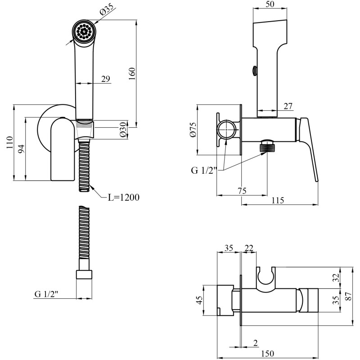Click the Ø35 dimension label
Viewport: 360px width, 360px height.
106,9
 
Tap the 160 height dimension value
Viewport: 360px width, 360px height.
132,73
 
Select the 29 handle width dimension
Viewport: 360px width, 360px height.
106,79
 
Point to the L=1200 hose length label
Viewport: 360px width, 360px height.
123,198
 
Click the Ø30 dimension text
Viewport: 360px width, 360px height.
123,130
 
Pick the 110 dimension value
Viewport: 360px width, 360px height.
10,142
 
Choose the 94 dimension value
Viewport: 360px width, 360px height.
21,149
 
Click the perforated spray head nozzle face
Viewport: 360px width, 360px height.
84,31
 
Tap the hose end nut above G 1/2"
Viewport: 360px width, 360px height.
84,274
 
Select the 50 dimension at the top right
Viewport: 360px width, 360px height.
270,4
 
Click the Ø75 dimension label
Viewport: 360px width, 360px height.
193,130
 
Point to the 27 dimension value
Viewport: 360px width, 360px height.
288,106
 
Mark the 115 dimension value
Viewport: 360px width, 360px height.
278,200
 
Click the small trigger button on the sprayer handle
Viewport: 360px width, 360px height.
255,71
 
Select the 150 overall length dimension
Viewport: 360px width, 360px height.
268,353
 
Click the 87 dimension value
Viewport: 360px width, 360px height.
348,296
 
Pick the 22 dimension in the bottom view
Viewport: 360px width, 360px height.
249,248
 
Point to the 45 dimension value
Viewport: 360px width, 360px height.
200,300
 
